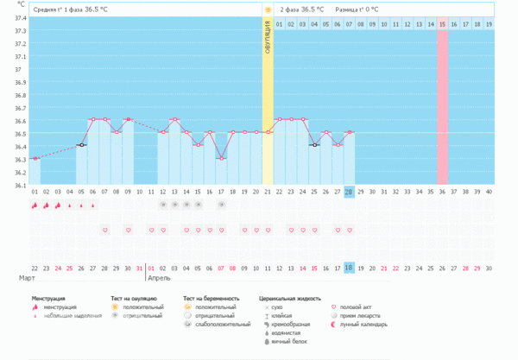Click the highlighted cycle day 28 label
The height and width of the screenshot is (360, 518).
click(x=349, y=191)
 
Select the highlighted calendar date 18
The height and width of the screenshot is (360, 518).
click(x=349, y=268)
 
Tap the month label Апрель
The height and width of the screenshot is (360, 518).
click(x=160, y=280)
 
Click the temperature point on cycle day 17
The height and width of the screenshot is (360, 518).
click(x=221, y=158)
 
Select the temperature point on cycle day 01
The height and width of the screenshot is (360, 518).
click(x=35, y=158)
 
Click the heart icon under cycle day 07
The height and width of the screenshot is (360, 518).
click(x=104, y=231)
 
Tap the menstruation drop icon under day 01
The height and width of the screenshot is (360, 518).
click(x=35, y=205)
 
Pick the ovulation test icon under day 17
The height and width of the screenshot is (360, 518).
click(x=221, y=205)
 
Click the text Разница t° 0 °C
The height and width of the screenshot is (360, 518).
click(x=357, y=9)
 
